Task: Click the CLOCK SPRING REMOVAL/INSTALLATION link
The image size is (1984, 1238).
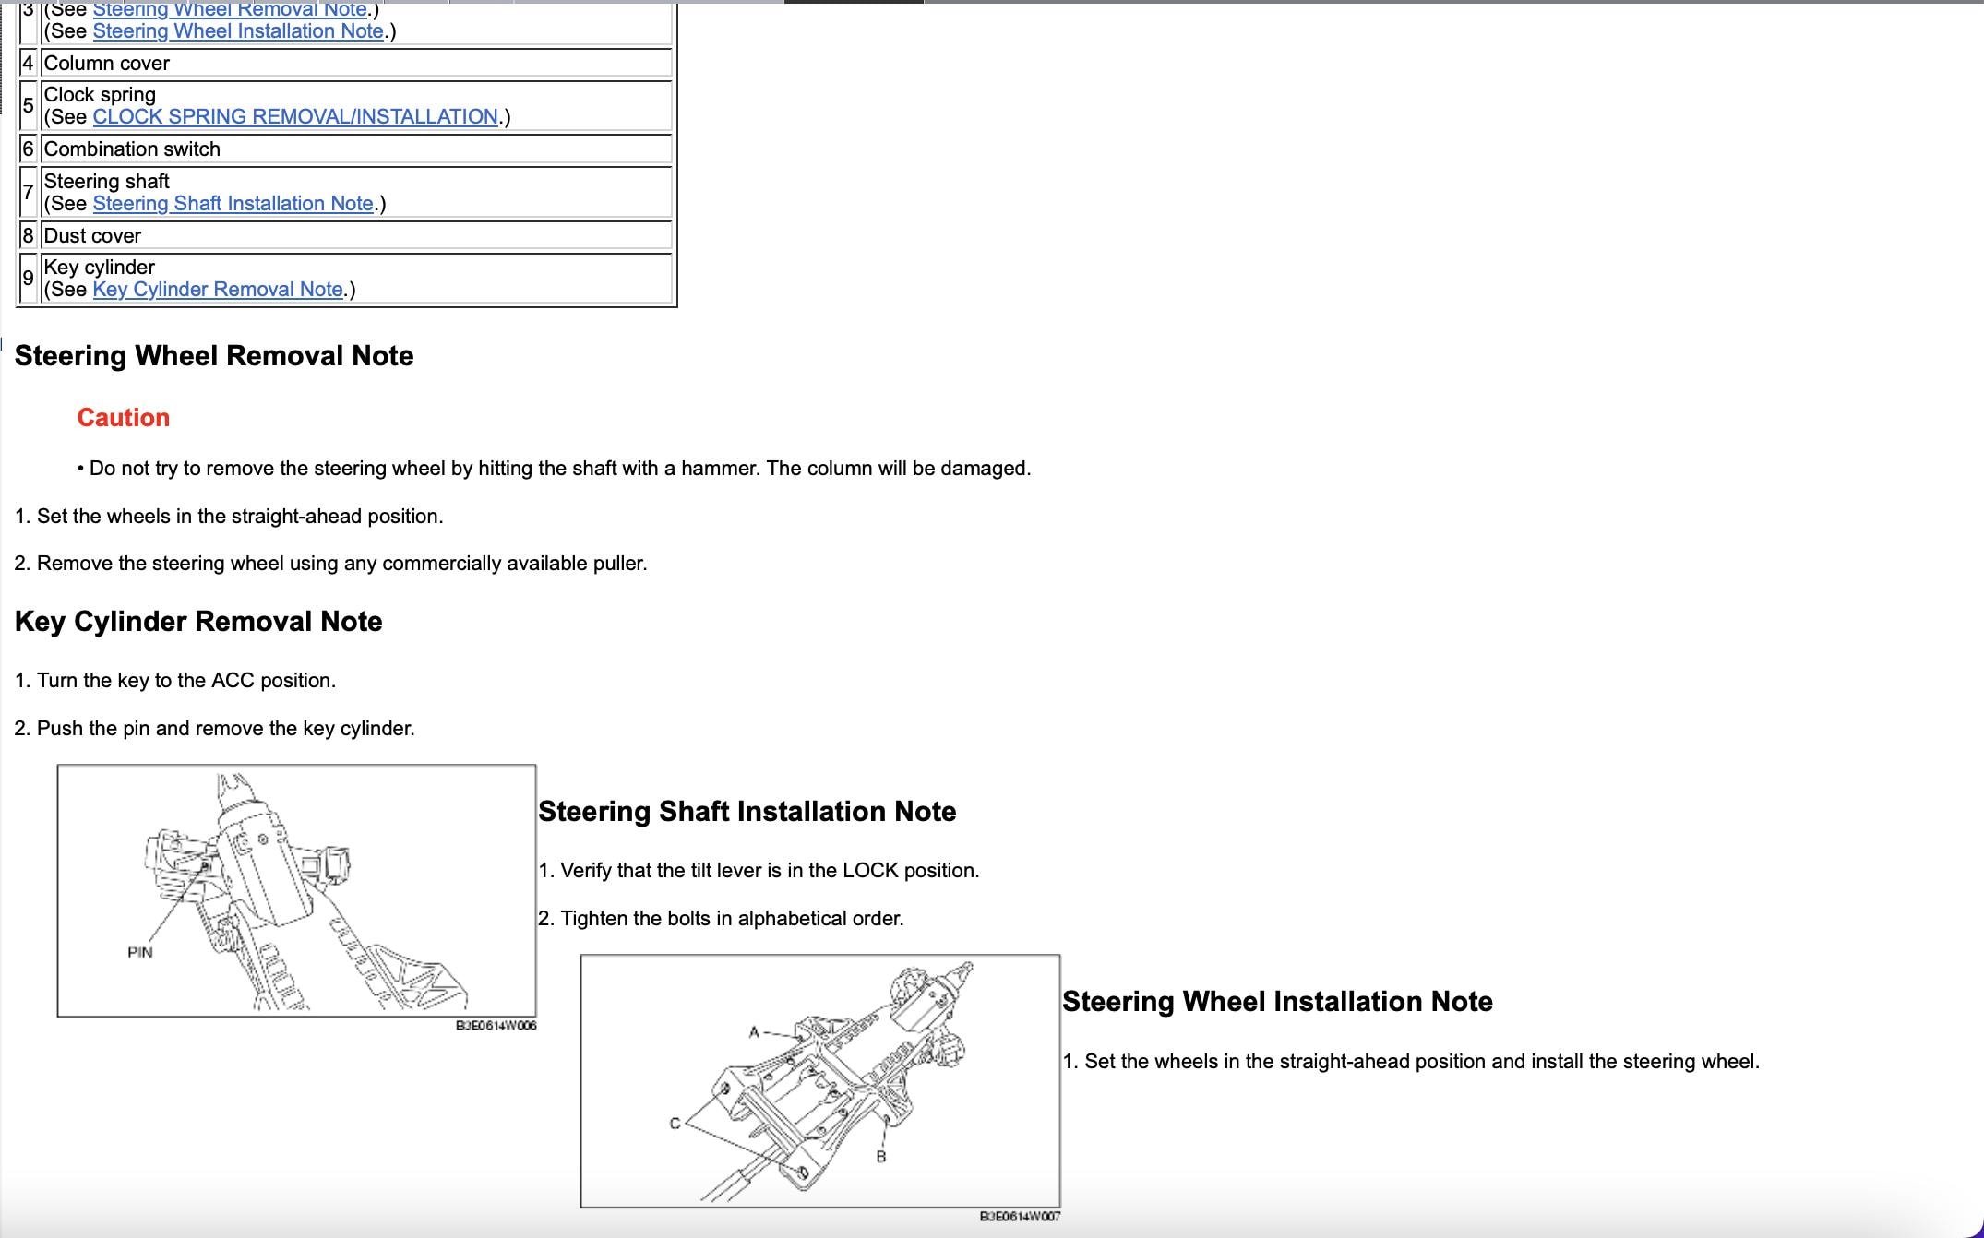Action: (x=295, y=117)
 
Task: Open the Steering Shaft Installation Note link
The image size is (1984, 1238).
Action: (x=233, y=204)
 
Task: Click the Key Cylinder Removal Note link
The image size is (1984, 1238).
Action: (x=218, y=290)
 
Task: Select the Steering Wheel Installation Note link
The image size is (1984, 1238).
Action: (x=238, y=31)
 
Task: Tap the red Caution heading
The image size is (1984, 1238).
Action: (x=124, y=418)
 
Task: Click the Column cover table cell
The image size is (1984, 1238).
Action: (x=356, y=64)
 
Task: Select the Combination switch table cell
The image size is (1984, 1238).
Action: (x=356, y=149)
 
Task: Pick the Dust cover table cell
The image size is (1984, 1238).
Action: (x=356, y=236)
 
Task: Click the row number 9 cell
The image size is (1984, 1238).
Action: (x=28, y=279)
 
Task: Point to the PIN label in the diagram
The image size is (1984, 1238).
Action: (x=140, y=952)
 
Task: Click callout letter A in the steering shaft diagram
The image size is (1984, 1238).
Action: (x=754, y=1032)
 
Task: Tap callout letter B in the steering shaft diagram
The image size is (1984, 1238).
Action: (x=881, y=1157)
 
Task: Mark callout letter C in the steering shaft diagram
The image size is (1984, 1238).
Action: (x=675, y=1124)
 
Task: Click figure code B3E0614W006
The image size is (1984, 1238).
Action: (x=496, y=1026)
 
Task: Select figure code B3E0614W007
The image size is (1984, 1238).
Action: (x=1020, y=1217)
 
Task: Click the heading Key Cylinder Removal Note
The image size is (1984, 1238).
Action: (x=198, y=622)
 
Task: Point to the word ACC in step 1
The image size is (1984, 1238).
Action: (x=233, y=681)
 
